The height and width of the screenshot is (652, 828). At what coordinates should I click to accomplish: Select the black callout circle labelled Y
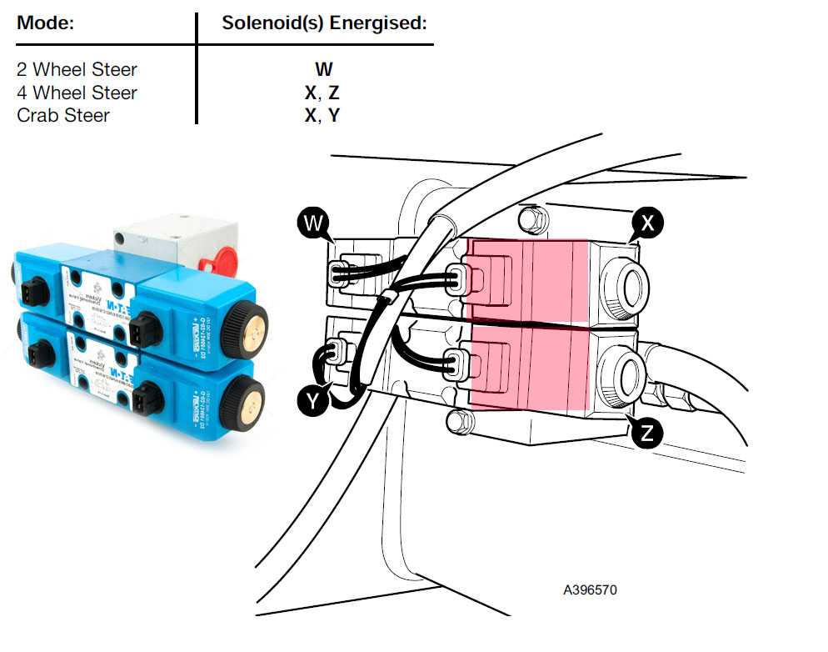tap(312, 402)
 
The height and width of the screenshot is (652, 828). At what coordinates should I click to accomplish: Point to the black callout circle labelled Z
tap(647, 432)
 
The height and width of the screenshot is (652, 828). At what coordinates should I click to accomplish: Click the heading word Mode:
tap(46, 23)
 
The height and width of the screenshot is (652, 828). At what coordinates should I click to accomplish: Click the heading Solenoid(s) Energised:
tap(324, 23)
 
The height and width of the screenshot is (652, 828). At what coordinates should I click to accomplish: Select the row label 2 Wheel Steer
tap(77, 69)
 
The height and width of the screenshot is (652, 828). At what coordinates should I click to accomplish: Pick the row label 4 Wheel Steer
tap(77, 93)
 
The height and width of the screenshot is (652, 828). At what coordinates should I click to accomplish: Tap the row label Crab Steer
tap(63, 115)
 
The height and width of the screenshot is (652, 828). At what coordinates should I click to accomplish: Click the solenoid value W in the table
tap(323, 69)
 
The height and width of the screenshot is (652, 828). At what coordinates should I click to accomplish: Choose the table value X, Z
tap(322, 93)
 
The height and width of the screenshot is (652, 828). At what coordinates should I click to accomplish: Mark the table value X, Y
tap(322, 115)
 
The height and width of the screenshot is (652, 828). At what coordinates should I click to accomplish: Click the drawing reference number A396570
tap(590, 589)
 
